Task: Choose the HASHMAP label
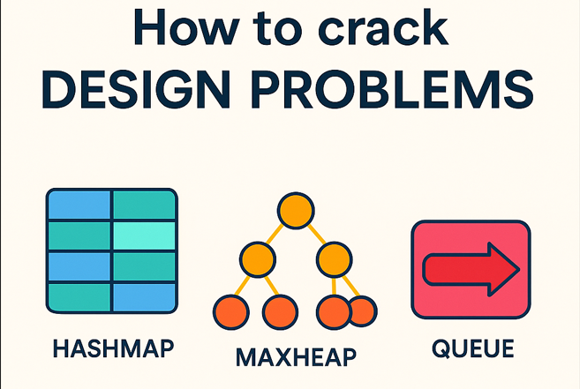pyautogui.click(x=112, y=347)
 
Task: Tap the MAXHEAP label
pyautogui.click(x=296, y=356)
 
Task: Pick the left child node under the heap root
pyautogui.click(x=257, y=260)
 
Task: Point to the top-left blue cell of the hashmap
pyautogui.click(x=79, y=206)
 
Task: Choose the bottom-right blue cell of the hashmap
pyautogui.click(x=144, y=295)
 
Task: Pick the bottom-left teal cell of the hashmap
pyautogui.click(x=79, y=295)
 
